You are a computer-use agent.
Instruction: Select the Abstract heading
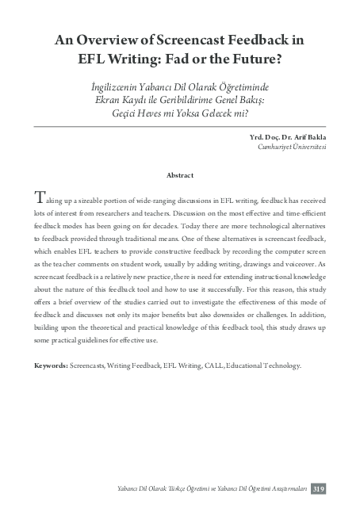pos(179,174)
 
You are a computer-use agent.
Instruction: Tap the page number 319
pos(318,488)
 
